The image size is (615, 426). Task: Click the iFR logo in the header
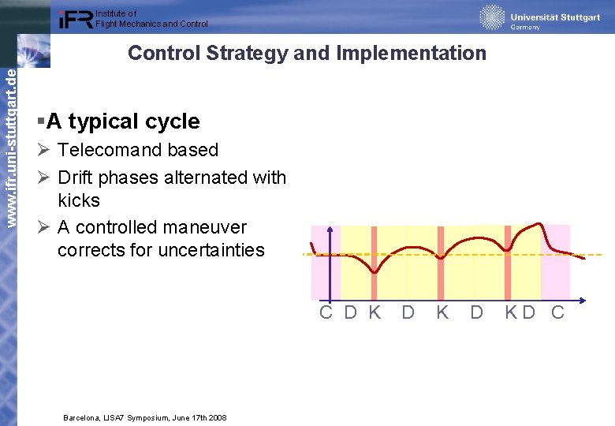[x=76, y=19]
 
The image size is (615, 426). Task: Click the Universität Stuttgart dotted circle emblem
[x=492, y=17]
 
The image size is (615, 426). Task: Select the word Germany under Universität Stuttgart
[x=525, y=27]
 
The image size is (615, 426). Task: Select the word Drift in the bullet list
[x=76, y=177]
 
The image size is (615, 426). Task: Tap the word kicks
[x=79, y=200]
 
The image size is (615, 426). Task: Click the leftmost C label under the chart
[x=326, y=312]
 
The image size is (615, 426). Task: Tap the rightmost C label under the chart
[x=557, y=312]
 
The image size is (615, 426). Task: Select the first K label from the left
[x=375, y=312]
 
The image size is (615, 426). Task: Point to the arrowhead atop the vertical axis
[x=330, y=231]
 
